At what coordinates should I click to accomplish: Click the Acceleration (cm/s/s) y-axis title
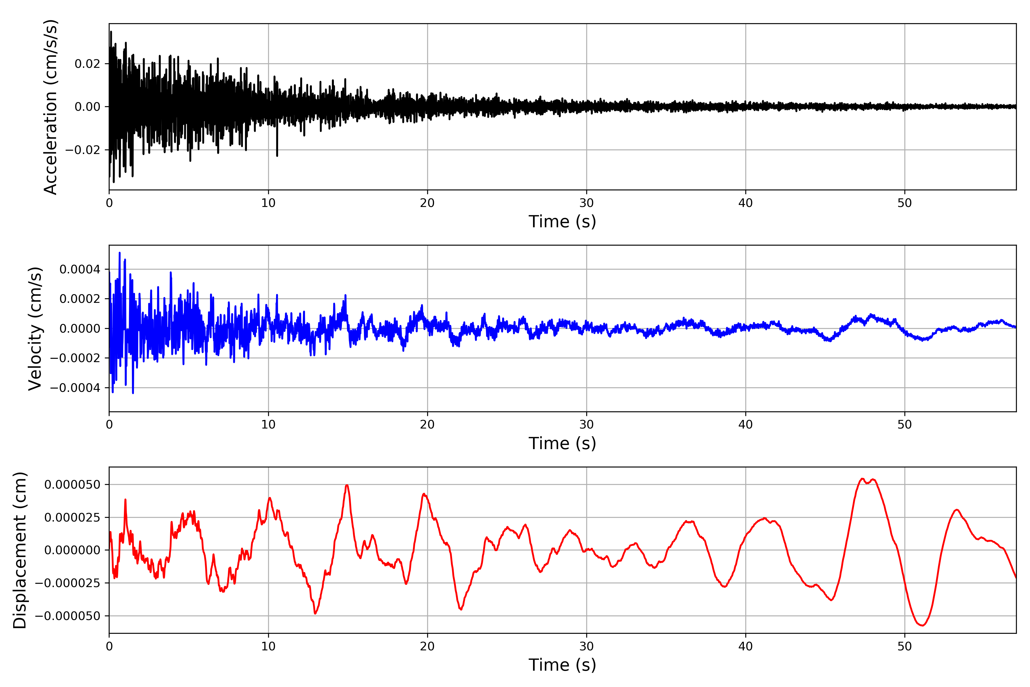50,107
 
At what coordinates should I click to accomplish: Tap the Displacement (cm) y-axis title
20,550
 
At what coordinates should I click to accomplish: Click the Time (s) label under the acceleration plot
562,222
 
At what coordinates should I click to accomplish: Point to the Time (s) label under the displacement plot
562,665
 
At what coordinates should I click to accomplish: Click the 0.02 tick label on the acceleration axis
87,64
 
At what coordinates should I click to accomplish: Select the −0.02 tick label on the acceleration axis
83,150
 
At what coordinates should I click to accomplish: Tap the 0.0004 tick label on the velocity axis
80,269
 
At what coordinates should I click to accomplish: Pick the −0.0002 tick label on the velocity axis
75,358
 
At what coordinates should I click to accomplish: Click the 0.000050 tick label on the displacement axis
72,485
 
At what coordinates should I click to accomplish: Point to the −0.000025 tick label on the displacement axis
68,583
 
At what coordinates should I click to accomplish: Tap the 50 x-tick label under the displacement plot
904,646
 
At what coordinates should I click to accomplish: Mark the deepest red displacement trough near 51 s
922,625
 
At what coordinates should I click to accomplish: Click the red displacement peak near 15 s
347,485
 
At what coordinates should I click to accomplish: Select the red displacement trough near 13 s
315,613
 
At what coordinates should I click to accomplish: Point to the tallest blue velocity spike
120,253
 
